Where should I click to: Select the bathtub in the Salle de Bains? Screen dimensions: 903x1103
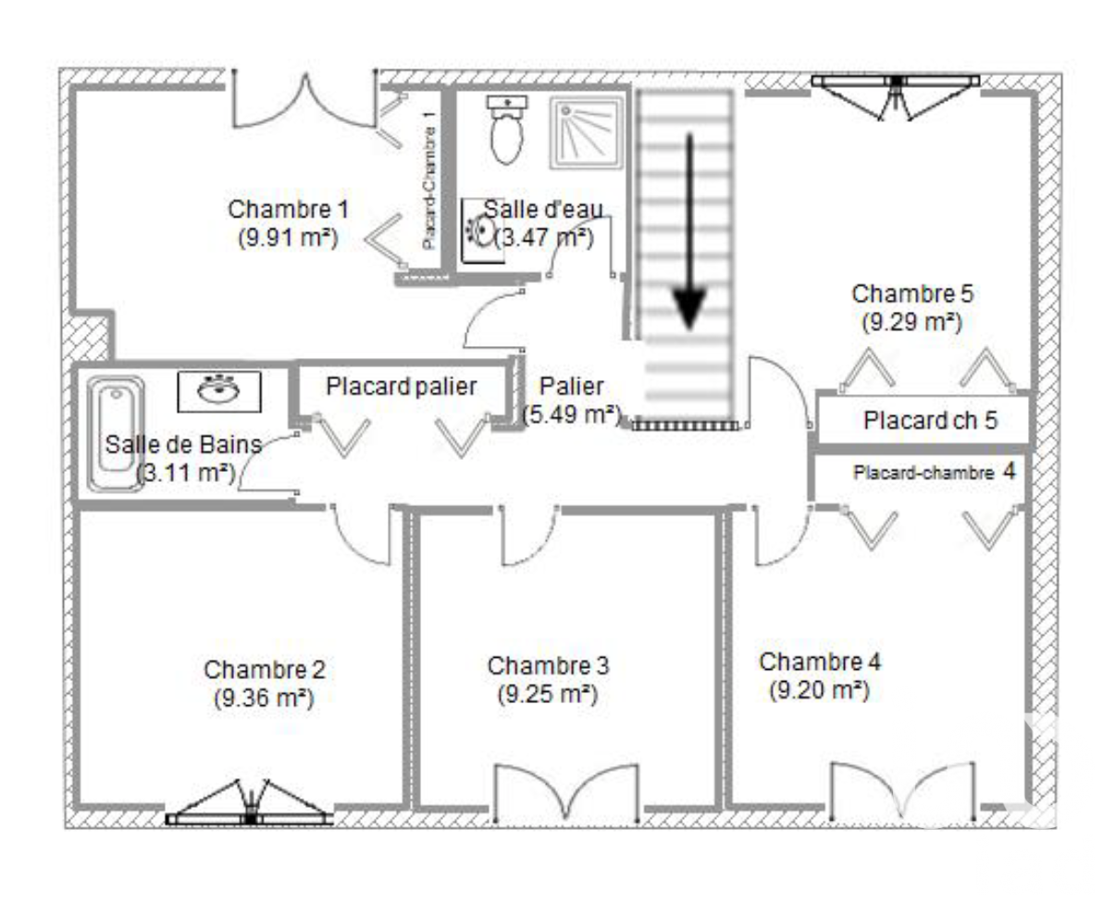tap(116, 433)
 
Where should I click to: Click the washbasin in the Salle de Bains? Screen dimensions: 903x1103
tap(219, 390)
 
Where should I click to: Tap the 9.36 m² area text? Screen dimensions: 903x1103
tap(264, 699)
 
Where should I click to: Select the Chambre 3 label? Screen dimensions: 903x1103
tap(548, 665)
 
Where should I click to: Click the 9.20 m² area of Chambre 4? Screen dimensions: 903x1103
tap(819, 690)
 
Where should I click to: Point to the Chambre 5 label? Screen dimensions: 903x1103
tap(912, 294)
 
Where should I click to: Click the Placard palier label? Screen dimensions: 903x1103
tap(401, 386)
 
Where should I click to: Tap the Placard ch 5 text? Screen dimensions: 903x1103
tap(930, 421)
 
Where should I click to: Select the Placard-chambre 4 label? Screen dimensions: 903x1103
tap(935, 472)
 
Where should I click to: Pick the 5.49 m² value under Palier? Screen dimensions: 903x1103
tap(571, 415)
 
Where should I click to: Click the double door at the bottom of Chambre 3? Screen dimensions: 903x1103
tap(566, 794)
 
